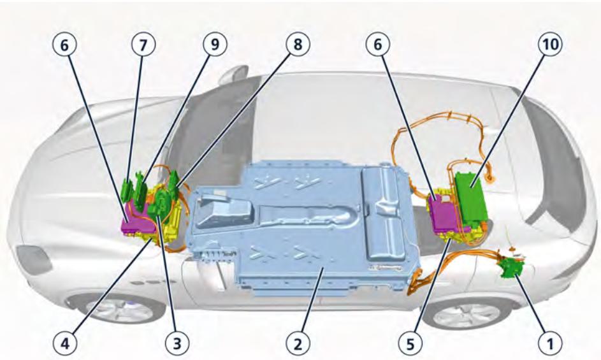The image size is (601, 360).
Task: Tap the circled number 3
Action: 178,345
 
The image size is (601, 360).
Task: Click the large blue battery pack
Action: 300,236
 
